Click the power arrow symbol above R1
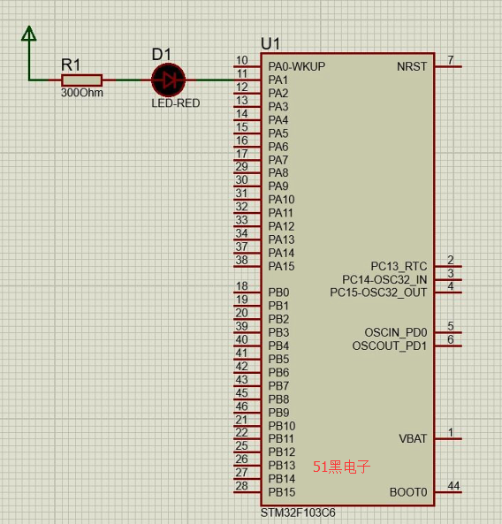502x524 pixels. pyautogui.click(x=29, y=34)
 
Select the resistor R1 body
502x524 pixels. pyautogui.click(x=82, y=80)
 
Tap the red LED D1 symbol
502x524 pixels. pyautogui.click(x=168, y=80)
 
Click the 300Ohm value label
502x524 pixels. pyautogui.click(x=82, y=93)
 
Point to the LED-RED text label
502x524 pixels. pyautogui.click(x=176, y=103)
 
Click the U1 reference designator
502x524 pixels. pyautogui.click(x=270, y=44)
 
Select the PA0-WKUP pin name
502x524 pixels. pyautogui.click(x=296, y=66)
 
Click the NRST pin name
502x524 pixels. pyautogui.click(x=412, y=66)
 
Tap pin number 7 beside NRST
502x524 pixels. pyautogui.click(x=451, y=60)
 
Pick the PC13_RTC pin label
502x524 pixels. pyautogui.click(x=399, y=266)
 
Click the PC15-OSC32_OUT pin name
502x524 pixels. pyautogui.click(x=378, y=292)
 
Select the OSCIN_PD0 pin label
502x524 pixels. pyautogui.click(x=396, y=332)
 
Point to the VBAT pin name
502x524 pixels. pyautogui.click(x=413, y=438)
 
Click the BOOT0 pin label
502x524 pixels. pyautogui.click(x=408, y=492)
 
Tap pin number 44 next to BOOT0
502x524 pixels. pyautogui.click(x=453, y=486)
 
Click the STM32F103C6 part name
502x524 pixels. pyautogui.click(x=298, y=513)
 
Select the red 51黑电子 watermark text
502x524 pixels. pyautogui.click(x=341, y=467)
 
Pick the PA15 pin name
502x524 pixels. pyautogui.click(x=281, y=266)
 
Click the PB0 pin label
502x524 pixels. pyautogui.click(x=278, y=292)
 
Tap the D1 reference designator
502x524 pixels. pyautogui.click(x=162, y=54)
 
